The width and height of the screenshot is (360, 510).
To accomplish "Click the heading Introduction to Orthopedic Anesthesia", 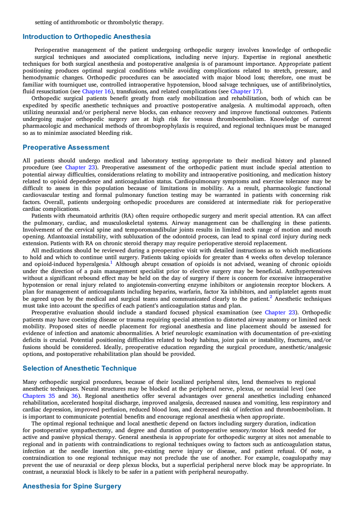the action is point(87,37).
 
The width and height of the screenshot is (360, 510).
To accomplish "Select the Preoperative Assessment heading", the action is point(66,147).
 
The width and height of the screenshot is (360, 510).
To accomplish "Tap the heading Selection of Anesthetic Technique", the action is point(79,368).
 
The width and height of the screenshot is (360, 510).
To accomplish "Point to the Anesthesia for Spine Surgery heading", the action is point(72,486).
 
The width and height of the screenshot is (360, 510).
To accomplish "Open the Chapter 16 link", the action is point(96,91).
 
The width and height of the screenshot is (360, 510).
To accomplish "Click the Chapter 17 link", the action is point(245,91).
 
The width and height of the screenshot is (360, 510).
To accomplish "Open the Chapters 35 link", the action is point(39,396).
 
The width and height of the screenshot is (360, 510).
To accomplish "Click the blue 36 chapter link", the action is point(75,396).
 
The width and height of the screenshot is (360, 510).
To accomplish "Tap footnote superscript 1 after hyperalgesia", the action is point(111,262).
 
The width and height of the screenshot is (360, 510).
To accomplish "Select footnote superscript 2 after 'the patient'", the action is point(271,297).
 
